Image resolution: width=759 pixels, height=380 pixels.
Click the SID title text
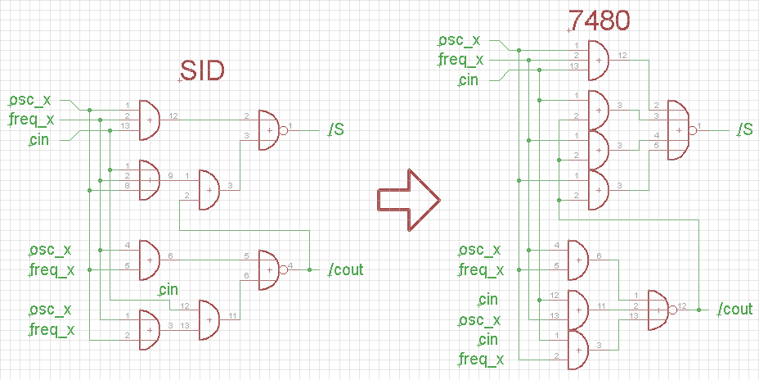[202, 71]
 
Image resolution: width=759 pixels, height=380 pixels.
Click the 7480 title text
[599, 20]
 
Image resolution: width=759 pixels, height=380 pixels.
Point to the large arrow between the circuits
[408, 199]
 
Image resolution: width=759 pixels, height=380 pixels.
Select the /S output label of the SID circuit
[335, 129]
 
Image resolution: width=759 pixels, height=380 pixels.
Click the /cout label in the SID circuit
[345, 269]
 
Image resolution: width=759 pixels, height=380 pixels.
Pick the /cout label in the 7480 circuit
[735, 309]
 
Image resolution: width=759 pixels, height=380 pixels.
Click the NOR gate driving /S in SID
[271, 129]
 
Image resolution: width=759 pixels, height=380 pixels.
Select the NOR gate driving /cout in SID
[271, 269]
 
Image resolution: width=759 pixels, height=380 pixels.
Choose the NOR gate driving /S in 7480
[679, 129]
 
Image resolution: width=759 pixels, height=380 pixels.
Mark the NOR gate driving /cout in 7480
[659, 310]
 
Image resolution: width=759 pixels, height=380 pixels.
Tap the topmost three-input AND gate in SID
[150, 120]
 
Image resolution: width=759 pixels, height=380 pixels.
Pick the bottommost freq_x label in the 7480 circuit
[482, 359]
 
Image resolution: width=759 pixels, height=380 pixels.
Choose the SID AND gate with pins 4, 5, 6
[150, 260]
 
